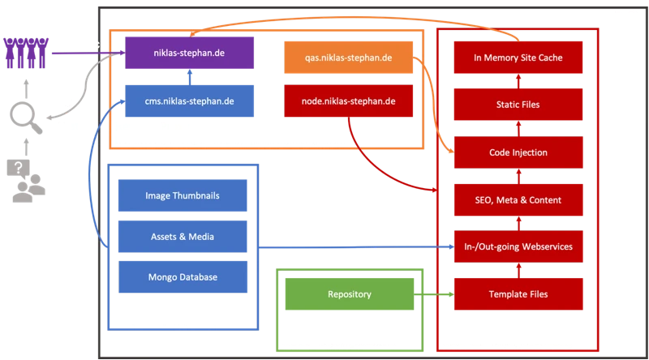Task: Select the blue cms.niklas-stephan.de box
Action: [x=190, y=101]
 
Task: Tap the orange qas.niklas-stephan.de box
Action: [x=350, y=58]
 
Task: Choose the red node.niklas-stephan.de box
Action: [x=350, y=101]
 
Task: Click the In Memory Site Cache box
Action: [x=518, y=58]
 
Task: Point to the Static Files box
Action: [x=518, y=105]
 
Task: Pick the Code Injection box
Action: [x=518, y=152]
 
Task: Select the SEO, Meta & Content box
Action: [x=518, y=199]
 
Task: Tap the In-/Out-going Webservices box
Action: [x=518, y=246]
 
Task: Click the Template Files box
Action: [x=518, y=294]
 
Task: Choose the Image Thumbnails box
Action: [x=182, y=195]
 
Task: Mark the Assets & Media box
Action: [x=182, y=236]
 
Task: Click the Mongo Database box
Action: [x=182, y=277]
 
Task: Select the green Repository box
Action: [x=350, y=294]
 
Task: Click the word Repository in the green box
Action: [x=350, y=294]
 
